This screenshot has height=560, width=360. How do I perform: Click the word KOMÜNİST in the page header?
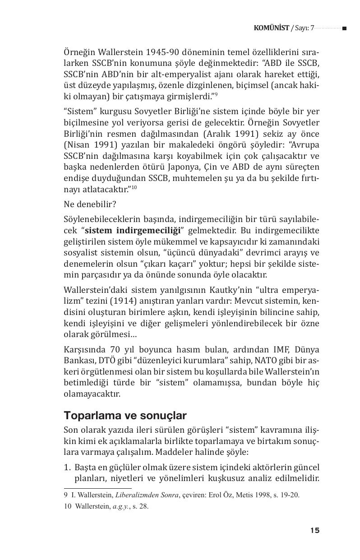[x=272, y=28]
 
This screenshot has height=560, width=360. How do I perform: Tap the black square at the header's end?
[x=344, y=28]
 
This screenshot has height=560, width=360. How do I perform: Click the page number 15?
[x=315, y=530]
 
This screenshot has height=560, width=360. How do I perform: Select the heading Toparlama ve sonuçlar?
[x=125, y=415]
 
